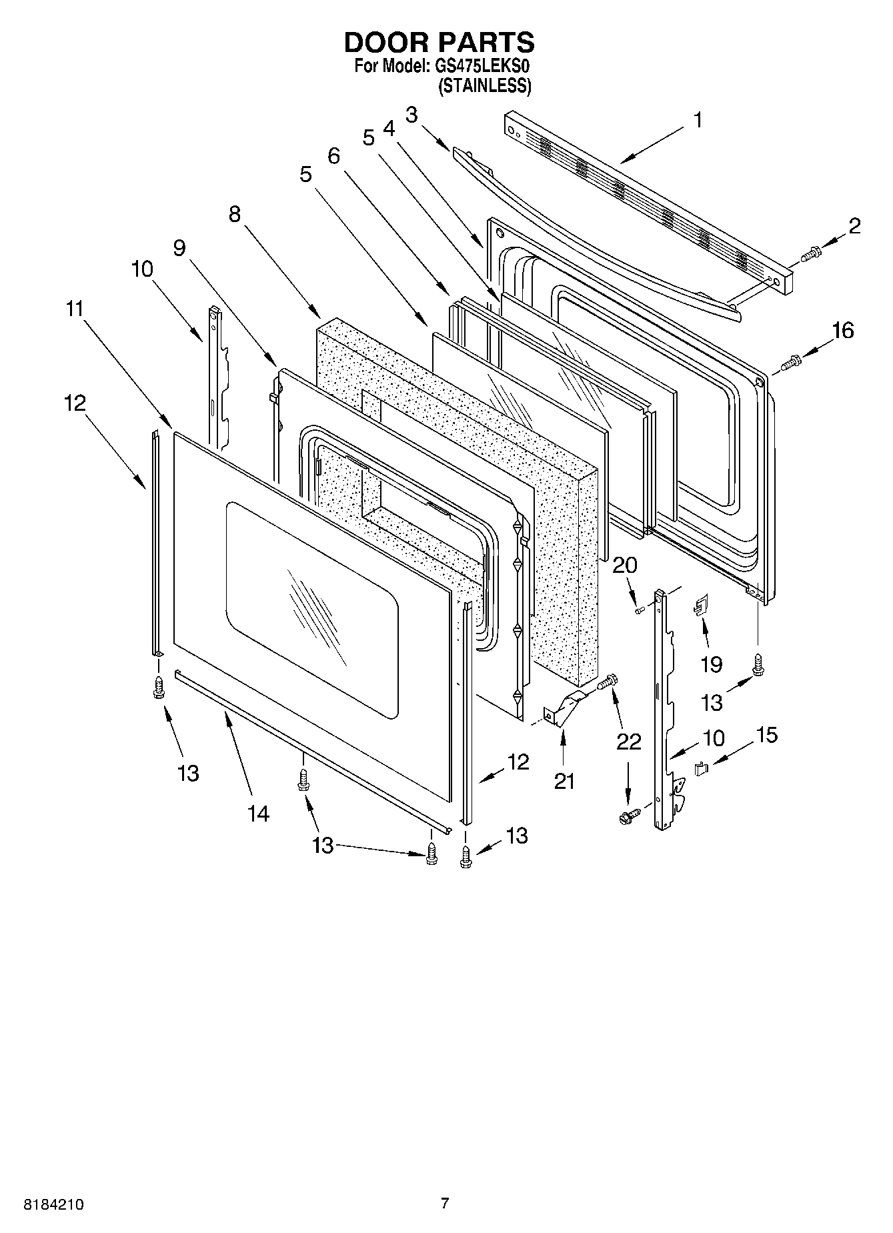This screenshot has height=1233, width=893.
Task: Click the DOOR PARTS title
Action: click(439, 43)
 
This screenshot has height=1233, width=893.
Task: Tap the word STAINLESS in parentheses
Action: click(484, 86)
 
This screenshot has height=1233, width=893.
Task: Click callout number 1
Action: click(697, 121)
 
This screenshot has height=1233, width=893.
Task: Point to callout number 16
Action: click(843, 330)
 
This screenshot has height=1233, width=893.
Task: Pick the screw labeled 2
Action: click(812, 253)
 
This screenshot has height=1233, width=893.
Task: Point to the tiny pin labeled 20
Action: click(639, 609)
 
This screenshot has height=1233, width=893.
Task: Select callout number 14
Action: click(259, 813)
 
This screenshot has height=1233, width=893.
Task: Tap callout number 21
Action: click(564, 780)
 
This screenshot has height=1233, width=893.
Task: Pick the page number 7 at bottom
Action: click(445, 1203)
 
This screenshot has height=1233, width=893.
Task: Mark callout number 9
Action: click(179, 248)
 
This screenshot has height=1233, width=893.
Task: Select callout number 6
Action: click(333, 156)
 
